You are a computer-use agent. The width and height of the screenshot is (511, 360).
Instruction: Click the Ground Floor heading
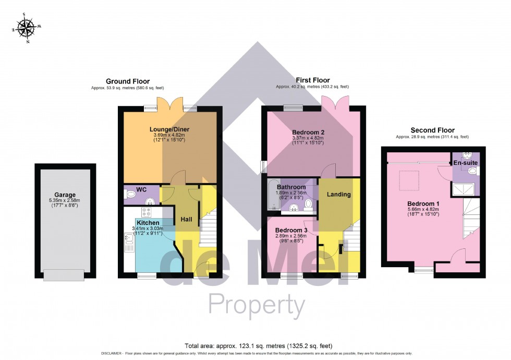tap(128, 81)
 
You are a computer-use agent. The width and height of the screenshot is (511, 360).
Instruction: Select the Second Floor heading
tap(432, 130)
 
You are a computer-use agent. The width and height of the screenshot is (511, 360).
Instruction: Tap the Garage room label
tap(65, 195)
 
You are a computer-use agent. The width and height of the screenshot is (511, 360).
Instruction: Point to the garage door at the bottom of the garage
tap(63, 274)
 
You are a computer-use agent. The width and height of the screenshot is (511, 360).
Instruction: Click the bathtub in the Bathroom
tap(272, 196)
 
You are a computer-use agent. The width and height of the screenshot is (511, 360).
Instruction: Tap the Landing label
tap(338, 195)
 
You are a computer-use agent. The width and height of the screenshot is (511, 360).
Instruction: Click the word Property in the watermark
tap(257, 304)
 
